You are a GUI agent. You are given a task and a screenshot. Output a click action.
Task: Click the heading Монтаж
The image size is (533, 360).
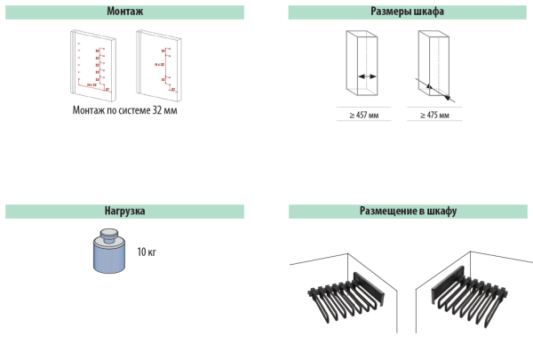pyautogui.click(x=123, y=12)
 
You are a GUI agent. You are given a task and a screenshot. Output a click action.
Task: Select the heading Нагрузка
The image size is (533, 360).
pyautogui.click(x=123, y=212)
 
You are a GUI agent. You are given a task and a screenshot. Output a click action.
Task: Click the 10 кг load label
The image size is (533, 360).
pyautogui.click(x=147, y=252)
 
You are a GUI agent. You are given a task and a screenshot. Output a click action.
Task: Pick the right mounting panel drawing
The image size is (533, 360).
pyautogui.click(x=160, y=64)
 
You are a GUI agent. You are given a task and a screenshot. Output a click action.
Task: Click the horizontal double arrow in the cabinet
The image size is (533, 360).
pyautogui.click(x=366, y=76)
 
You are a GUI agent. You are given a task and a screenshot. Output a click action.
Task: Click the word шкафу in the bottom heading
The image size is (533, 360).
pyautogui.click(x=440, y=212)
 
